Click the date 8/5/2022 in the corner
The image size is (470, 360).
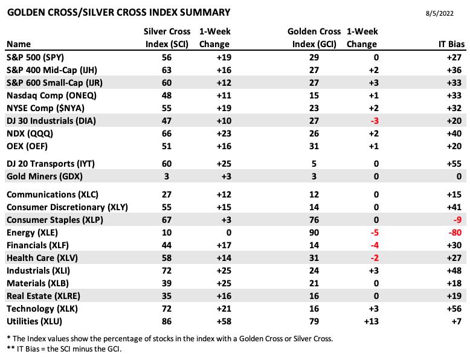point(439,13)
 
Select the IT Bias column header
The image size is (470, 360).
point(451,44)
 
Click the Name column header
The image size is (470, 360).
point(19,44)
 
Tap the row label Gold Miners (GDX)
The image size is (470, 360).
point(45,176)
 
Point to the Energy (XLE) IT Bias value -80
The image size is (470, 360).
point(455,233)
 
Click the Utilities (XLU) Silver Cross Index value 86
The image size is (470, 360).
point(167,321)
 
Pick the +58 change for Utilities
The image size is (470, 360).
point(224,321)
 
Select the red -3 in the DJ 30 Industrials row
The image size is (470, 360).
point(375,121)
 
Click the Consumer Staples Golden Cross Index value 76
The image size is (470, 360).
point(314,220)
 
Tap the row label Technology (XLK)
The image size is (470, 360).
point(42,309)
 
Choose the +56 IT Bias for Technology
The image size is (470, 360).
point(454,309)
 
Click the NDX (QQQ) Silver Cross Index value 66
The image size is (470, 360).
point(167,133)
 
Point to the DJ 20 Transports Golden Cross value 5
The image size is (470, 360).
point(314,164)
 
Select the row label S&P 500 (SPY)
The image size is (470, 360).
point(36,57)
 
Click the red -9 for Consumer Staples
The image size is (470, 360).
point(457,220)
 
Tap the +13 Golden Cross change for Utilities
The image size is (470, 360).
point(372,321)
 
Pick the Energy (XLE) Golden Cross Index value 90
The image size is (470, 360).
point(314,233)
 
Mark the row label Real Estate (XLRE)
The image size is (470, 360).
point(43,296)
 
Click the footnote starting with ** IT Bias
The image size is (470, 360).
point(64,349)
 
